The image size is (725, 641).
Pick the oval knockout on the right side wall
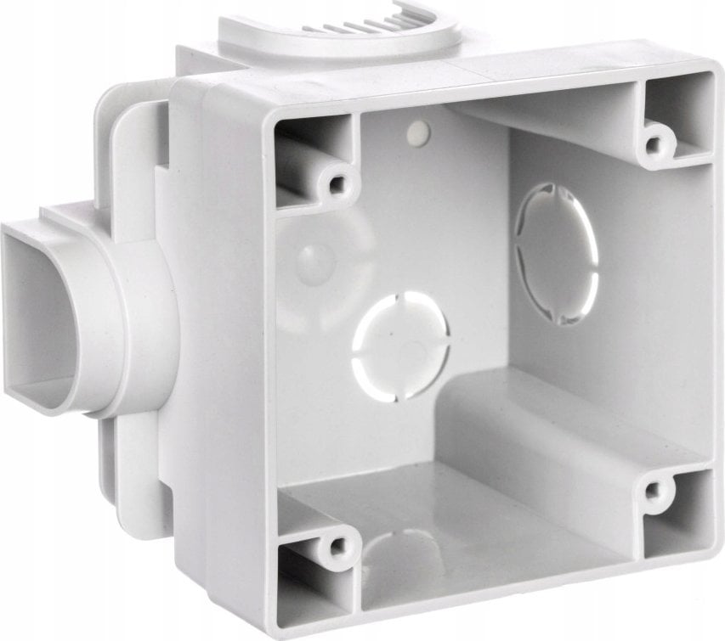click(557, 253)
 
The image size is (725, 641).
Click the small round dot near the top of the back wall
click(418, 131)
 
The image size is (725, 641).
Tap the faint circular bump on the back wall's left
click(314, 258)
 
